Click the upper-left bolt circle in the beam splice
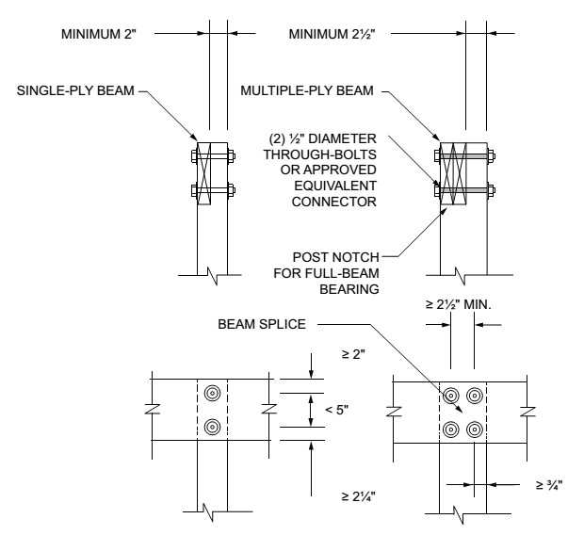pos(453,397)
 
